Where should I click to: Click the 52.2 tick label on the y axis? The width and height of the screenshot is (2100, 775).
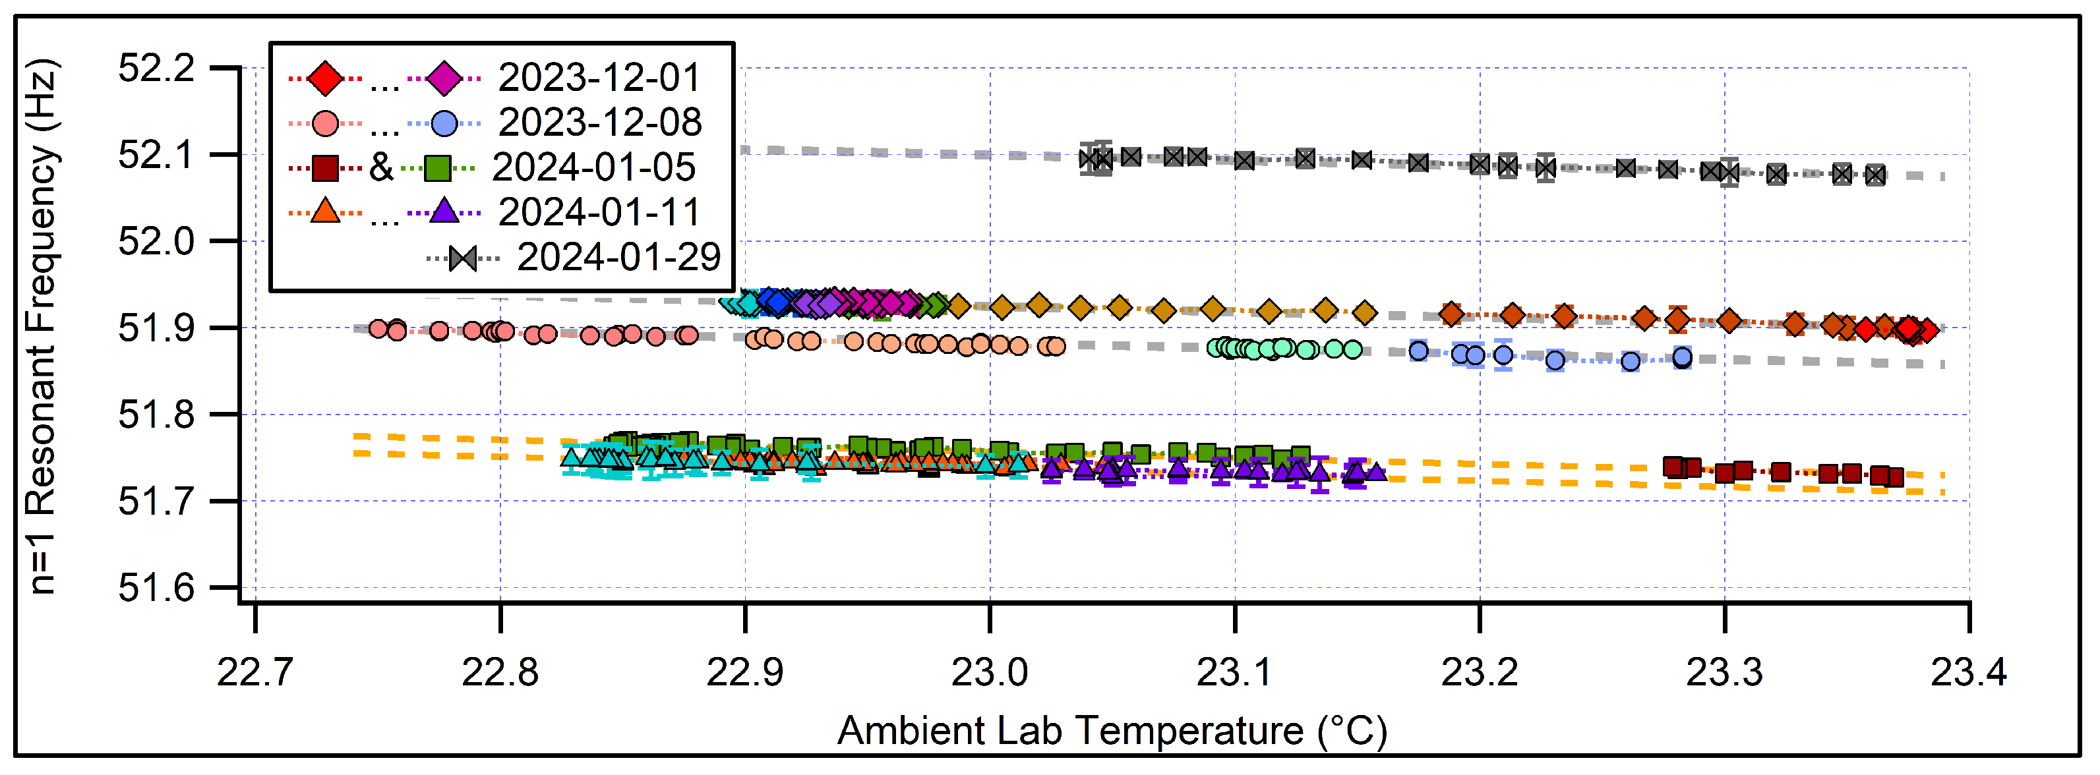(156, 69)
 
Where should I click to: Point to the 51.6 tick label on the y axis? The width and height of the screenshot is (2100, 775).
(156, 588)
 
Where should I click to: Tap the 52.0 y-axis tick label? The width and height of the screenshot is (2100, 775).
(156, 242)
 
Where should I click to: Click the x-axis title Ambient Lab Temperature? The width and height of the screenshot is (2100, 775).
(1111, 731)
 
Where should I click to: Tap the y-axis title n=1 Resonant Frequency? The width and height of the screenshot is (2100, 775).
(41, 326)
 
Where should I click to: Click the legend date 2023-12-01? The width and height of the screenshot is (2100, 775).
(599, 78)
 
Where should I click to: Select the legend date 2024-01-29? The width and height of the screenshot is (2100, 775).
(618, 258)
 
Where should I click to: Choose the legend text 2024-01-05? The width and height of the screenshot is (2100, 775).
(593, 168)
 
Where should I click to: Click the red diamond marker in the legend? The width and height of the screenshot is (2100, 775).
(325, 78)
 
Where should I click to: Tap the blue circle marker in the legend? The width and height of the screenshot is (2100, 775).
(444, 124)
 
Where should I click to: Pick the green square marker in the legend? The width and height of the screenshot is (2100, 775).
(438, 169)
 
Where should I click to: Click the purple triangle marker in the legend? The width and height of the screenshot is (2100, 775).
(444, 212)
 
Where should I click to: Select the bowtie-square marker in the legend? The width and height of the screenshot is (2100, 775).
(463, 259)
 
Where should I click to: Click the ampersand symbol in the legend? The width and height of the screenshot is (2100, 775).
(380, 168)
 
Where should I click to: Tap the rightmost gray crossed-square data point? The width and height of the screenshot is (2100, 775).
(1875, 175)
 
